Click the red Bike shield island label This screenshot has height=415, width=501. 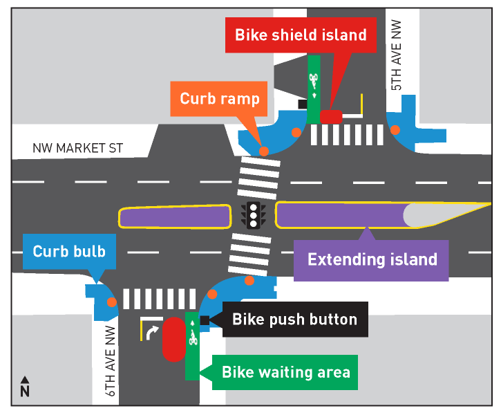click(x=300, y=35)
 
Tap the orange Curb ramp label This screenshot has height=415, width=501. click(x=219, y=98)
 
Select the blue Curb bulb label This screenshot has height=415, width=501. click(x=68, y=251)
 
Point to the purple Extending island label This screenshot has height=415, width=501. click(x=372, y=259)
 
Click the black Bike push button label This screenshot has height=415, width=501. click(x=294, y=320)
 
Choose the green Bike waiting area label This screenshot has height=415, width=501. click(x=285, y=372)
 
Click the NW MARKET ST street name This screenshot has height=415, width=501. click(x=77, y=148)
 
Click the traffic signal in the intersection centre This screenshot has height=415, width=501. click(x=254, y=215)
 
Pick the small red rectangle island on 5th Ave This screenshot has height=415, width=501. click(x=331, y=117)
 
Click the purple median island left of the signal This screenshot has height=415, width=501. click(x=174, y=216)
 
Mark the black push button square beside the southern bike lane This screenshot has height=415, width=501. click(x=205, y=320)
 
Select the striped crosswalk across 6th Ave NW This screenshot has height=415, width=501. click(x=159, y=299)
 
